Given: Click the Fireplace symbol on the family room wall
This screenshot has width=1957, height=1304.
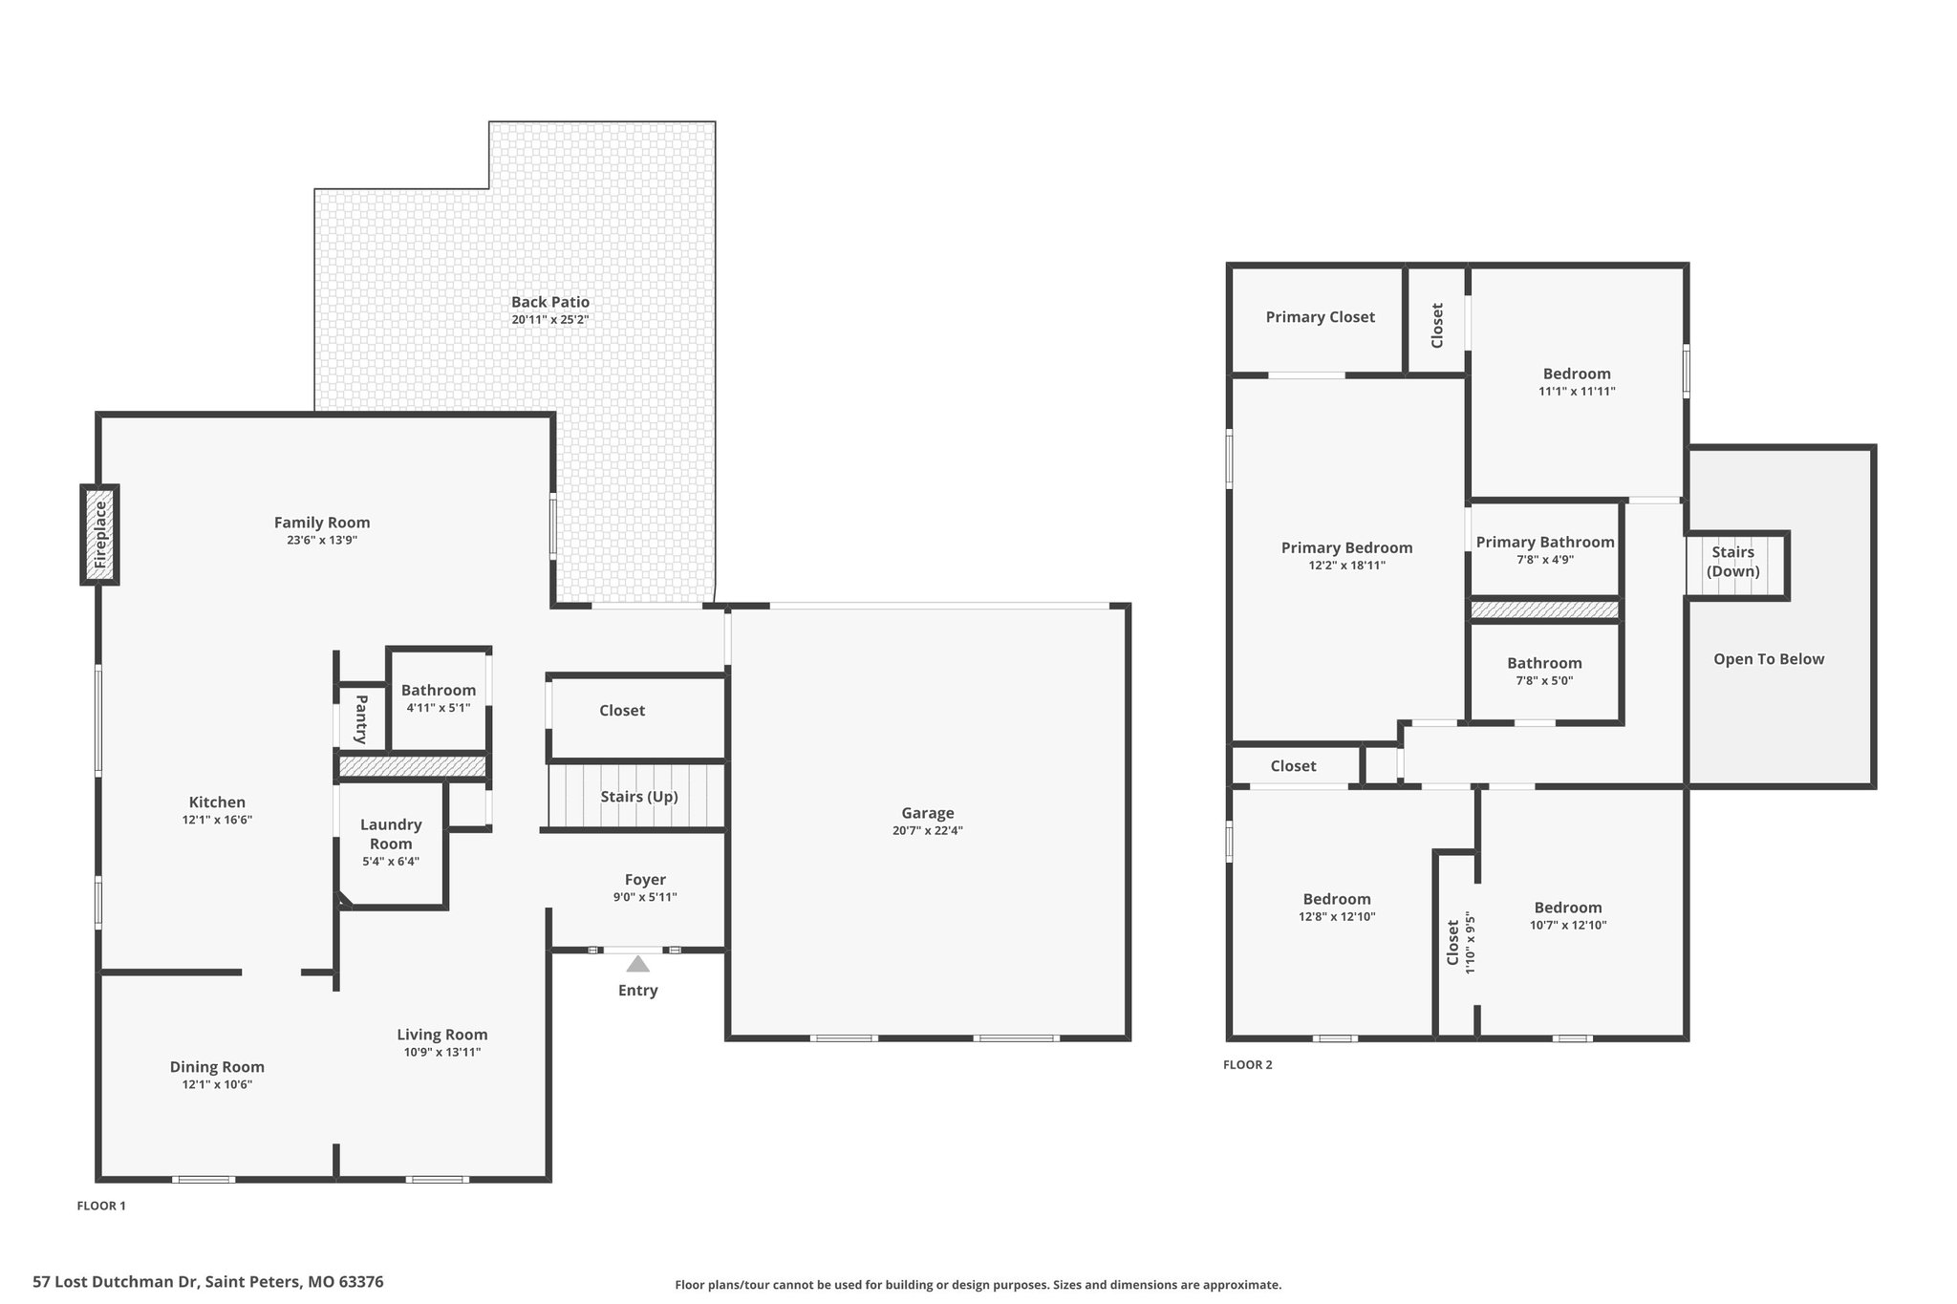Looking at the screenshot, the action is [x=99, y=535].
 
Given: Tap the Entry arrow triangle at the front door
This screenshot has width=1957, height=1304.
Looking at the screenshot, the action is [x=637, y=964].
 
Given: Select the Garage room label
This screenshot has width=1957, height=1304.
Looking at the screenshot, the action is [x=928, y=813].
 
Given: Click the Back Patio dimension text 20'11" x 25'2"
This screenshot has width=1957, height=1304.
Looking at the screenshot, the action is [x=549, y=320].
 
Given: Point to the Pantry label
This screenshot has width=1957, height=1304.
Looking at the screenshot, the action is [x=361, y=719].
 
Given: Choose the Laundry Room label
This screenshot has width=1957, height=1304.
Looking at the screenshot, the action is [x=391, y=834].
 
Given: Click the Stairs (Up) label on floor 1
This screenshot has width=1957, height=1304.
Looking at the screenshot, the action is [x=639, y=797].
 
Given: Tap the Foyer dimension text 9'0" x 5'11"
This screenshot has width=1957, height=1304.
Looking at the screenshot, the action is [x=645, y=897].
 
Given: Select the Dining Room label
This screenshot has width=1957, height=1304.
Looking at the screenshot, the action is [x=217, y=1067].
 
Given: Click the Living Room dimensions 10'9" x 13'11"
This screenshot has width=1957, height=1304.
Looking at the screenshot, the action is [x=442, y=1052].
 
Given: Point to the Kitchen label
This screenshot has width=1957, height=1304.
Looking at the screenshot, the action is [x=217, y=802].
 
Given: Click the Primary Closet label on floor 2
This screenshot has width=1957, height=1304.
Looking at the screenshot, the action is [x=1321, y=317].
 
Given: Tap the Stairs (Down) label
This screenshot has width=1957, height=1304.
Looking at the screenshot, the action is [x=1733, y=562].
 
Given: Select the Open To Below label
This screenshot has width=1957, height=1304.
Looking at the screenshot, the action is [x=1769, y=659].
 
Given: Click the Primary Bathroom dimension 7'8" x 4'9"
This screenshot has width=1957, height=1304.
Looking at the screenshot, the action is [x=1545, y=560].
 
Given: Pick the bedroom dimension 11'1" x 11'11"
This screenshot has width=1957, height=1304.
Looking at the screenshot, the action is [x=1577, y=391].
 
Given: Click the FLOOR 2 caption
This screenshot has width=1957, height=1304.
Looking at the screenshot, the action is [x=1248, y=1065].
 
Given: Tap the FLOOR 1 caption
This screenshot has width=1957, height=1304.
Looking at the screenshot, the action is [x=101, y=1206].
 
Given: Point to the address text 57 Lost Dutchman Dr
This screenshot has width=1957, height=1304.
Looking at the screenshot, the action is [x=117, y=1282].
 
